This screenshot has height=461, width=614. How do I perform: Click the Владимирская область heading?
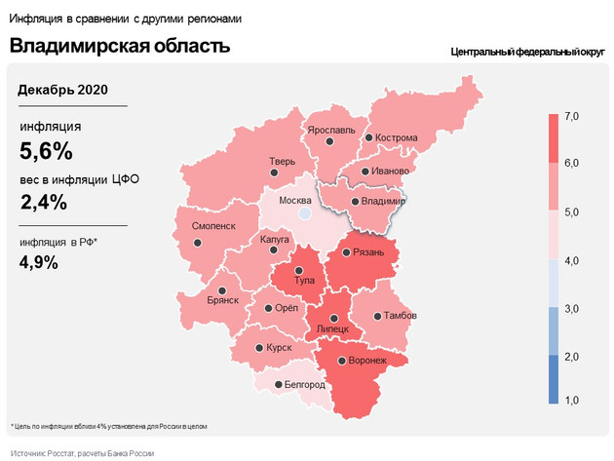pyautogui.click(x=120, y=46)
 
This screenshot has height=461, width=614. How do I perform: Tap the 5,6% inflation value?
pyautogui.click(x=47, y=151)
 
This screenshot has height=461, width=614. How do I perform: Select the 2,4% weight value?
pyautogui.click(x=44, y=202)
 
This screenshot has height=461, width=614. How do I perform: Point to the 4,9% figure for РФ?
pyautogui.click(x=39, y=261)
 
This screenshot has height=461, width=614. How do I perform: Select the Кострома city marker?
pyautogui.click(x=368, y=138)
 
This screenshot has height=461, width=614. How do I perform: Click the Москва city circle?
pyautogui.click(x=304, y=211)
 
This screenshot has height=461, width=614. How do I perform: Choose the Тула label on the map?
pyautogui.click(x=304, y=280)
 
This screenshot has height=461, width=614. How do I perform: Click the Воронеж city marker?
pyautogui.click(x=340, y=361)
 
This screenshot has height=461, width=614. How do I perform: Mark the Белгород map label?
pyautogui.click(x=304, y=385)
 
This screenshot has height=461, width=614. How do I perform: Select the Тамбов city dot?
pyautogui.click(x=378, y=316)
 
